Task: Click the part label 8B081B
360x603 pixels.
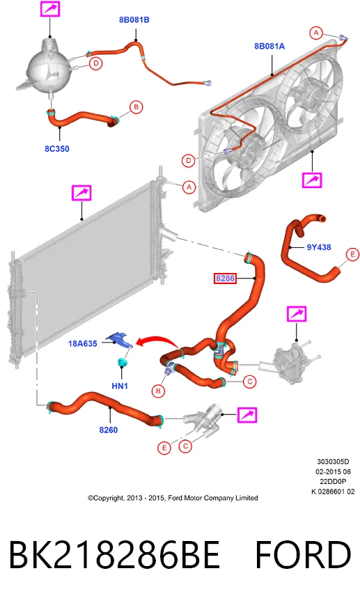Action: (x=134, y=20)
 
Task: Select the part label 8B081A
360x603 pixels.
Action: (x=269, y=46)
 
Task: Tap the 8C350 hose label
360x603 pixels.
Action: (x=57, y=149)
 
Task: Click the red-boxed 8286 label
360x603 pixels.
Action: (x=225, y=278)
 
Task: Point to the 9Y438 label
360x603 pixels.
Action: (x=319, y=247)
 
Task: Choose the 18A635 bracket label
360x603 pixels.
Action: (x=83, y=343)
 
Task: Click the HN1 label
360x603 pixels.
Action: (x=120, y=386)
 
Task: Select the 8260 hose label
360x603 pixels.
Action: (x=109, y=430)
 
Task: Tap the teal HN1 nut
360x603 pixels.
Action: (x=123, y=362)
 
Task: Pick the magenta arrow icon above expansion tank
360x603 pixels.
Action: (x=50, y=8)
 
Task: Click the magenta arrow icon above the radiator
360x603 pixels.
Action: (x=81, y=193)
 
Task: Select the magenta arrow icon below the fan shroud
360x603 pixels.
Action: (x=312, y=180)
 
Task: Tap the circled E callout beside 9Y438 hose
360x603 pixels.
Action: (x=352, y=255)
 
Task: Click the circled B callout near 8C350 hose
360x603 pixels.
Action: (x=136, y=107)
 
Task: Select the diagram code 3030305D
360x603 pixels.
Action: (x=333, y=462)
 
